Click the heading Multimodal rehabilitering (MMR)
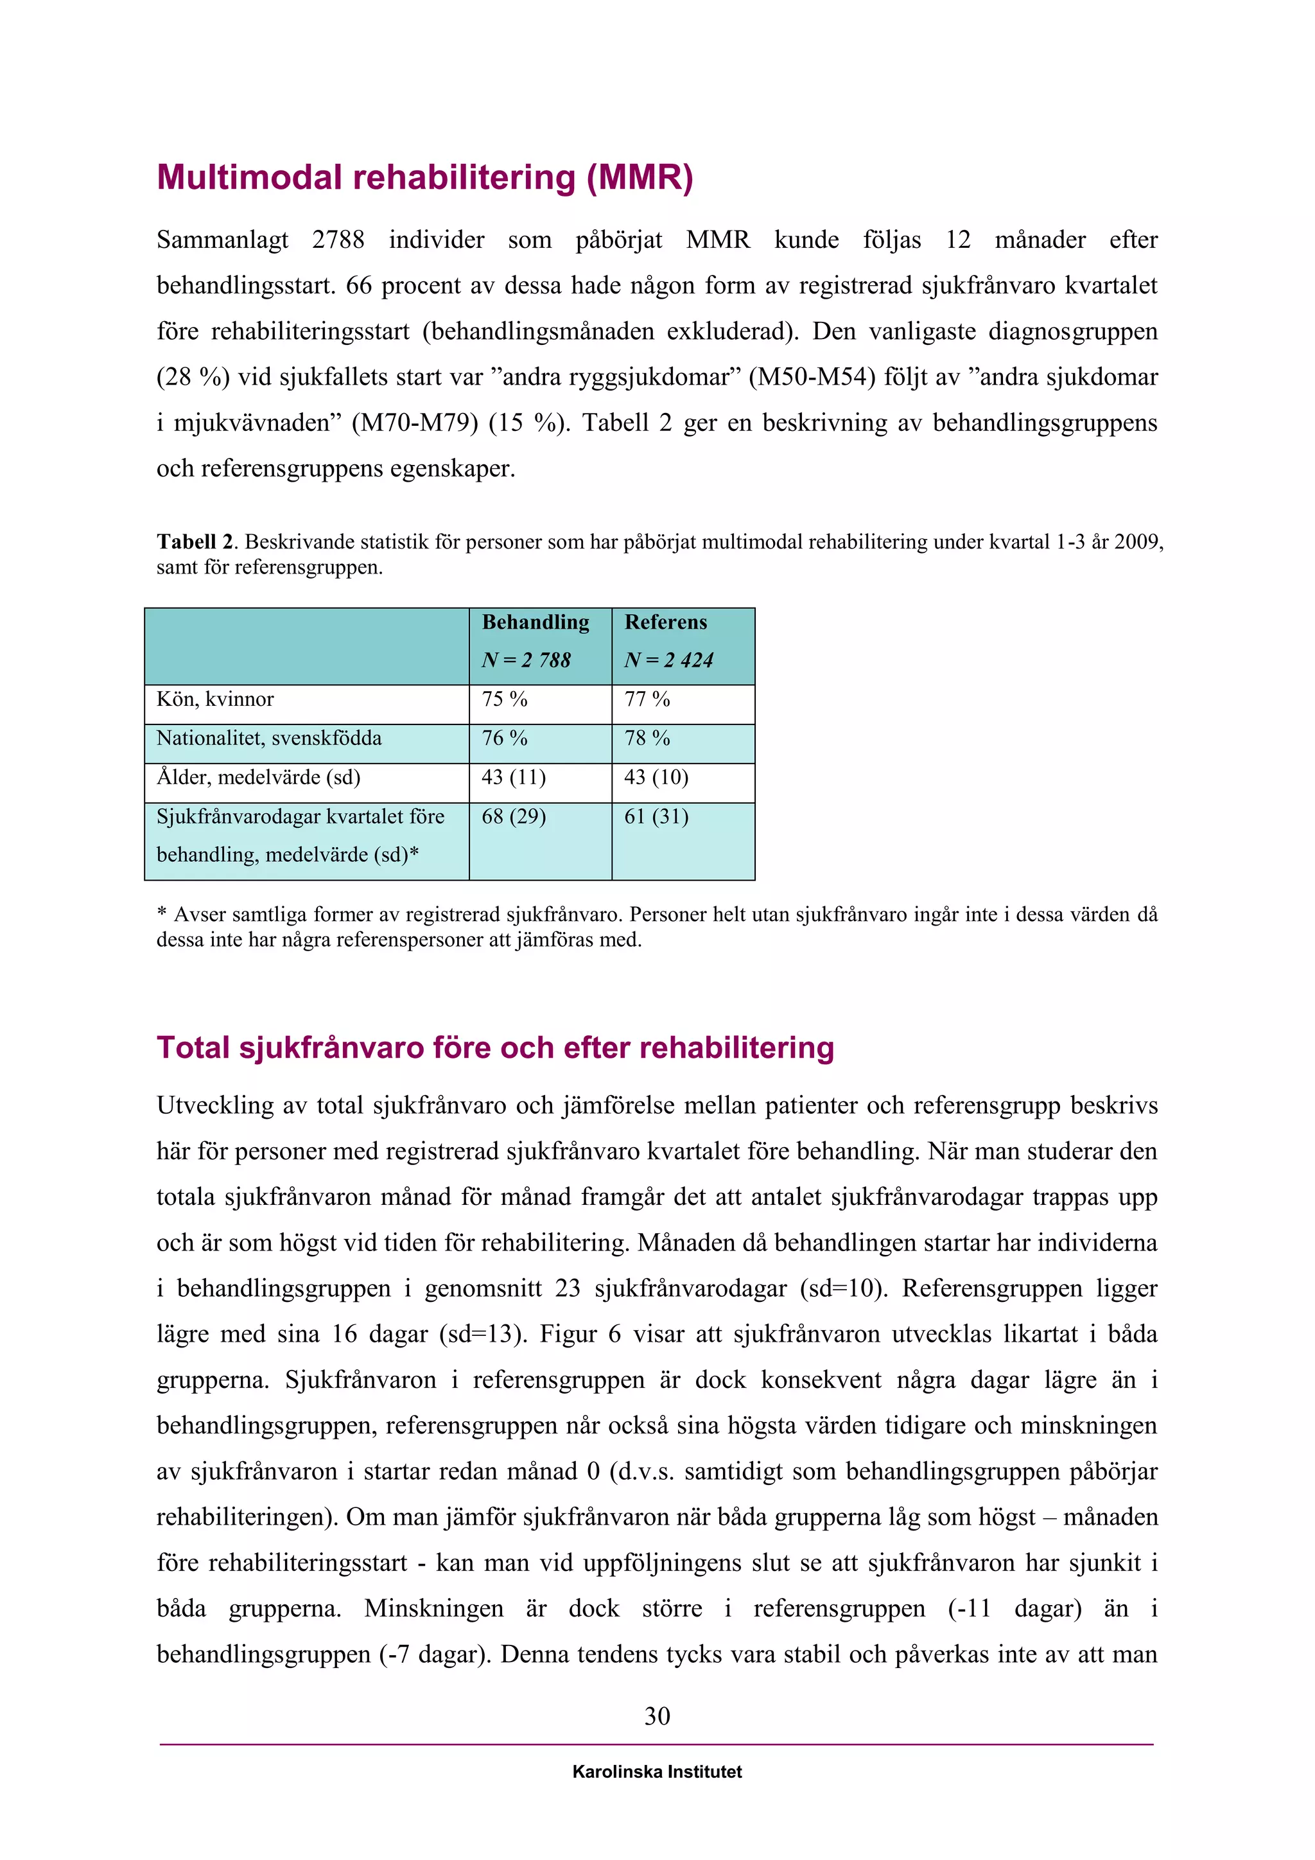click(x=424, y=178)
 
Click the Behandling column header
click(x=536, y=622)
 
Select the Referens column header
click(x=666, y=622)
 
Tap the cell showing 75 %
click(x=505, y=699)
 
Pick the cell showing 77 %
click(x=647, y=699)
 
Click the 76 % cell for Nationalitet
click(x=505, y=738)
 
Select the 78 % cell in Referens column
click(x=647, y=738)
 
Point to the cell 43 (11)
click(x=514, y=777)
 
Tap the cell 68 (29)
click(x=514, y=816)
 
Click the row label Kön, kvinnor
click(x=215, y=699)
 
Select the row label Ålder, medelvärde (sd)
click(x=258, y=777)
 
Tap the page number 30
click(x=657, y=1715)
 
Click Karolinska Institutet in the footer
click(x=657, y=1772)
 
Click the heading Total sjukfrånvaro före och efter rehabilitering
click(x=495, y=1048)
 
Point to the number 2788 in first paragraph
click(x=338, y=240)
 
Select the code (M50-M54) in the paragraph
click(x=812, y=377)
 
